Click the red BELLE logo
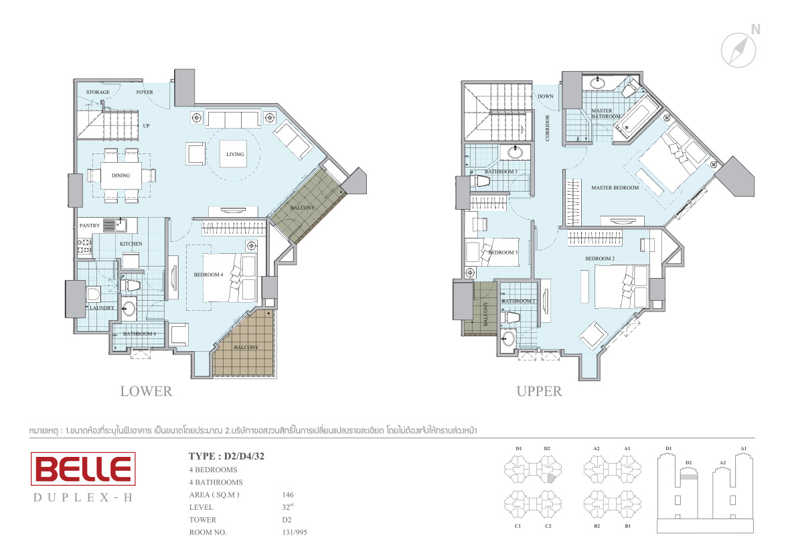click(x=83, y=469)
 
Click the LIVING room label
click(x=235, y=154)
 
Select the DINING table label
click(x=121, y=176)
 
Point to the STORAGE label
click(x=98, y=92)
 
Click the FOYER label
click(x=145, y=92)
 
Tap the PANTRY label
click(x=90, y=225)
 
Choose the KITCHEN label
click(x=131, y=244)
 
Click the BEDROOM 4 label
click(x=209, y=275)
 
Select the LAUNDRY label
click(x=102, y=307)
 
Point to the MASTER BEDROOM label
click(x=615, y=188)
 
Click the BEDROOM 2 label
click(x=600, y=259)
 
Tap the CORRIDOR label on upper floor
click(x=548, y=128)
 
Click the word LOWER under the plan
click(x=146, y=391)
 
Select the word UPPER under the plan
click(x=539, y=391)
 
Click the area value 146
click(x=288, y=494)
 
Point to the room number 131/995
click(x=294, y=533)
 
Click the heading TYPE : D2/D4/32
click(x=227, y=456)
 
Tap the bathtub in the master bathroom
click(x=637, y=117)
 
